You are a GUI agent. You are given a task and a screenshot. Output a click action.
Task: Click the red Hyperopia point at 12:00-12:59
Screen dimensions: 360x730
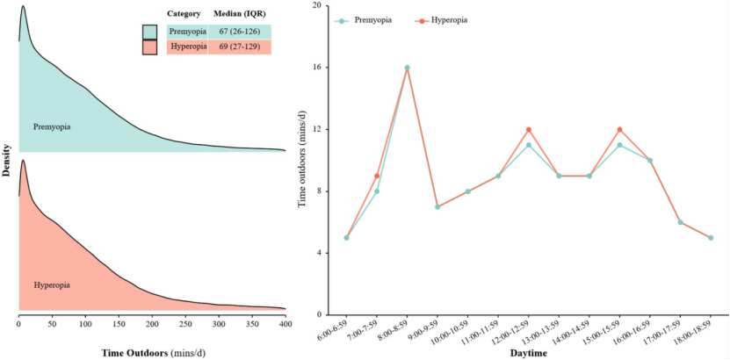529,130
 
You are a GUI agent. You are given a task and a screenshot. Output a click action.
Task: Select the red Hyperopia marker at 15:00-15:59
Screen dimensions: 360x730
620,130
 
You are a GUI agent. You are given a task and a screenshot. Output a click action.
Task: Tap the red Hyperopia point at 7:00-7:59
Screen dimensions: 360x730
377,176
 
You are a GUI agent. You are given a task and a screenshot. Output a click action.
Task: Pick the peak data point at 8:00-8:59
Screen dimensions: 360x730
408,68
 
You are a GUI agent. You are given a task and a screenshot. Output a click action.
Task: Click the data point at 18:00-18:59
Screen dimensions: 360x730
711,238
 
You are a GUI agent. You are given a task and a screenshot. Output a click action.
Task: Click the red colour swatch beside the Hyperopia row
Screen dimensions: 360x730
150,47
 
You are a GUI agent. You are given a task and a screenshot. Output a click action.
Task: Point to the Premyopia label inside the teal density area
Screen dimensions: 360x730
52,127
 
